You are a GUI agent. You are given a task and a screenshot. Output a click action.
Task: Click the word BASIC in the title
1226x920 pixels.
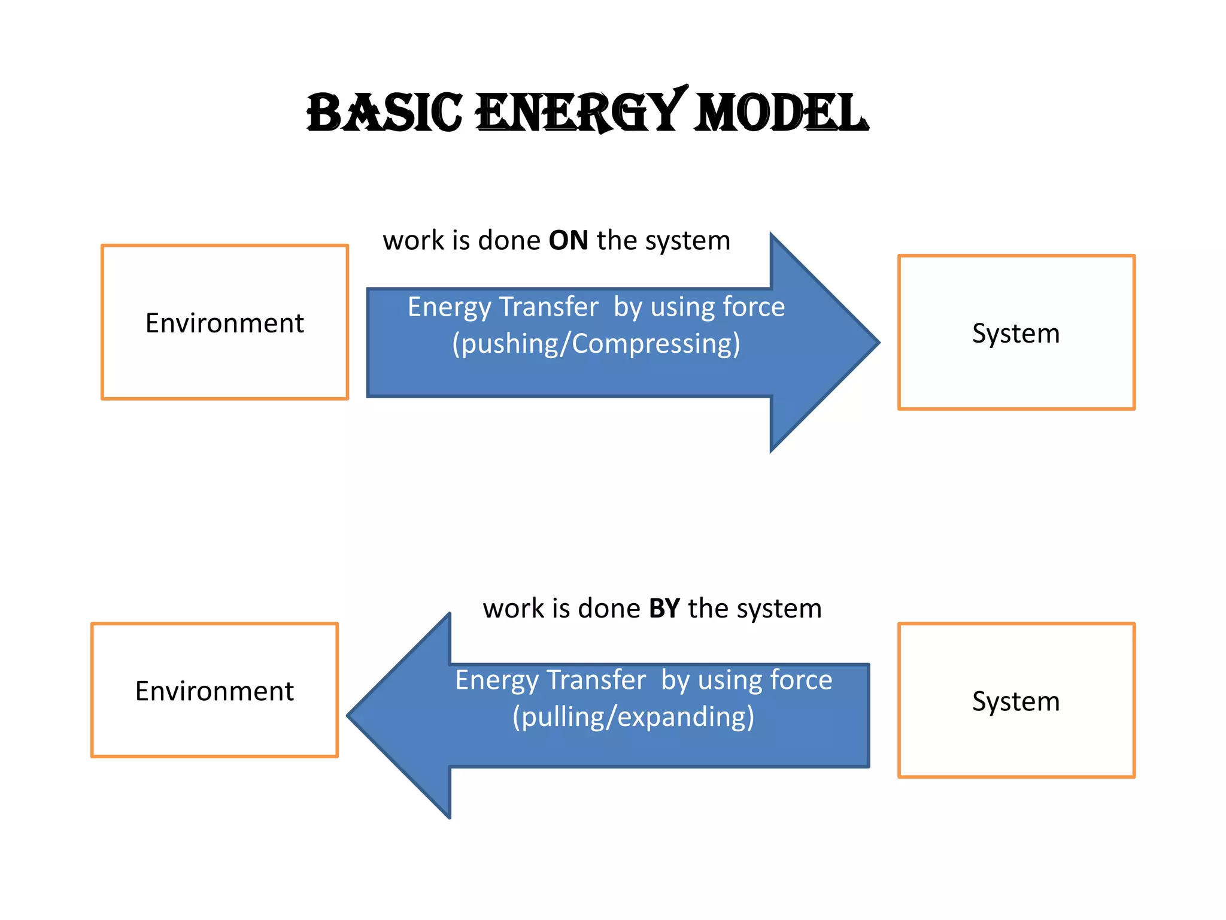click(x=384, y=113)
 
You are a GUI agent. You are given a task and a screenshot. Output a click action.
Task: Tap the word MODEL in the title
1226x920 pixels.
click(x=781, y=113)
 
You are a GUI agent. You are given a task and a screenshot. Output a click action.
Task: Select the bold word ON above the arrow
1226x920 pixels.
click(x=568, y=241)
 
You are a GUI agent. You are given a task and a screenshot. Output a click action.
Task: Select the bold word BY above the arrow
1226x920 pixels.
click(x=664, y=609)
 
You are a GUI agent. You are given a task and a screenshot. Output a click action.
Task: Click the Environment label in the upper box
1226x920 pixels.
click(x=224, y=323)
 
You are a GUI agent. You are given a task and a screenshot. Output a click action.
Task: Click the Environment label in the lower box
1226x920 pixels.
click(x=214, y=691)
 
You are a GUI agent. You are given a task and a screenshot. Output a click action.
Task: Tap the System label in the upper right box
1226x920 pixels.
click(x=1015, y=334)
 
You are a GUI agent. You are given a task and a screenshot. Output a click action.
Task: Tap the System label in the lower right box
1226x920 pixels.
click(x=1015, y=701)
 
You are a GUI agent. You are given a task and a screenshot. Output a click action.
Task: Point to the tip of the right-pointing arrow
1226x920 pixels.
click(x=878, y=343)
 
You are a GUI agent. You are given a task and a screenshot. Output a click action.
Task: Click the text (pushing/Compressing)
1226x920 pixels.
click(x=596, y=344)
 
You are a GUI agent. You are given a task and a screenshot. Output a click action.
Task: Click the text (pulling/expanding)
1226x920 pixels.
click(x=633, y=717)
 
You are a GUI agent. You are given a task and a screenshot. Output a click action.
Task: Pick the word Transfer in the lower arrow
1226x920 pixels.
click(x=596, y=680)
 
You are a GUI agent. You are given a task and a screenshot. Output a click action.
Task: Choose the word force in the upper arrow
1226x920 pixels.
click(x=753, y=307)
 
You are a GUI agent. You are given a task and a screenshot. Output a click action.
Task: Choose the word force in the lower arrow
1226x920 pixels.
click(x=801, y=680)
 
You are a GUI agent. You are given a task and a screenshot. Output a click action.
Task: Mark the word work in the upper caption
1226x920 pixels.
click(x=413, y=241)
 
